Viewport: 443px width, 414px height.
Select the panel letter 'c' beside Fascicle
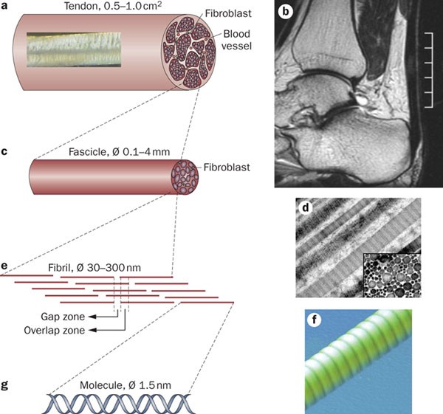[5, 153]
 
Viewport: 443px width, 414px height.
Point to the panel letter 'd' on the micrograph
[304, 207]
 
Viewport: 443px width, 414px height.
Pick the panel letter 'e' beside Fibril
[5, 263]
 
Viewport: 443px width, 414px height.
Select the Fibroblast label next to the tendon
[224, 12]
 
